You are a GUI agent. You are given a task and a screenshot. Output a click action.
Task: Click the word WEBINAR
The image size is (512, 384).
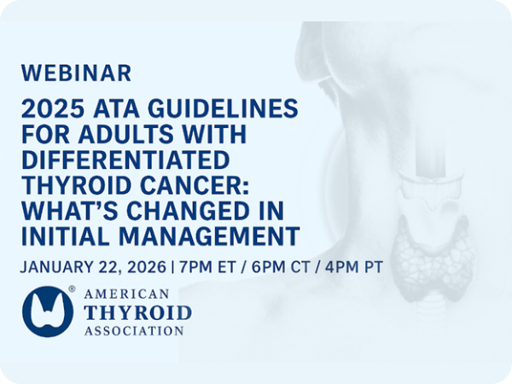[77, 73]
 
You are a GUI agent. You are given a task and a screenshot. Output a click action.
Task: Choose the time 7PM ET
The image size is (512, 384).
[208, 266]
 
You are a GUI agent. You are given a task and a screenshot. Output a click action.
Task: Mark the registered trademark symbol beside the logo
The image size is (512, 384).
[72, 290]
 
